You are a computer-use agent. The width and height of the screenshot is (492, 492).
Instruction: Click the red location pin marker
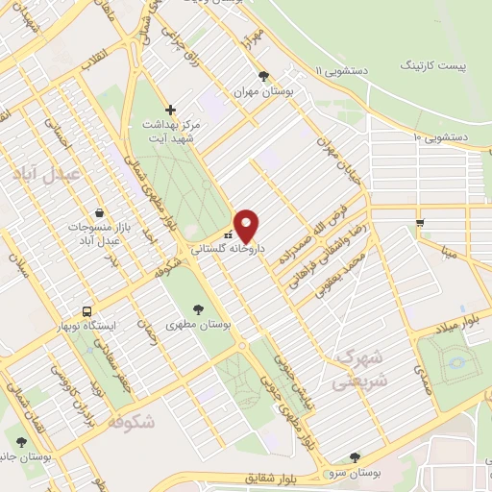click(x=247, y=226)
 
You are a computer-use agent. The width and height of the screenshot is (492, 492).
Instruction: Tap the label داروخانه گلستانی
click(x=225, y=248)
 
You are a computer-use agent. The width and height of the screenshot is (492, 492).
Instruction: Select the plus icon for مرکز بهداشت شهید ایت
click(x=170, y=110)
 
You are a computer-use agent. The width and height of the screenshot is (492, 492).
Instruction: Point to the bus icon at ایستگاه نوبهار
click(x=87, y=311)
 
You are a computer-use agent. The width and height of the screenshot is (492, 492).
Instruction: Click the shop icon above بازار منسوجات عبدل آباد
click(x=100, y=213)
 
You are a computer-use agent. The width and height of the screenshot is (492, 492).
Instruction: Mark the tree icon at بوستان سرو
click(x=356, y=456)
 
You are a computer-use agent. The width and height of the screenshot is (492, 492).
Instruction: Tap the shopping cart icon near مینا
click(x=420, y=223)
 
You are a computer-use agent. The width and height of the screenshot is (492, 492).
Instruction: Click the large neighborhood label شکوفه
click(x=132, y=422)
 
